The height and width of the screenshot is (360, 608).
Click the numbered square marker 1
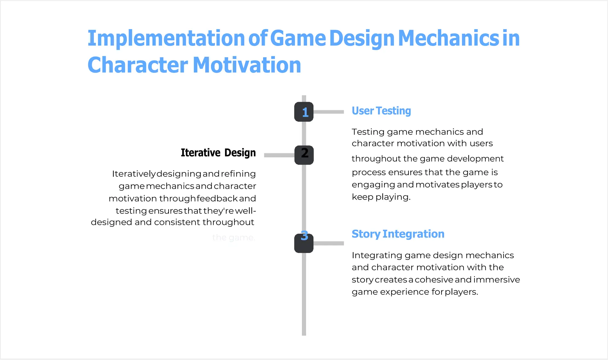[304, 112]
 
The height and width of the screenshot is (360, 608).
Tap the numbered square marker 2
[304, 155]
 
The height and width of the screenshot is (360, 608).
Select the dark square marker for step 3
[304, 243]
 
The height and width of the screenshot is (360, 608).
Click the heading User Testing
[381, 111]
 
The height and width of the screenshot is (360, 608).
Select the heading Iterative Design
[218, 153]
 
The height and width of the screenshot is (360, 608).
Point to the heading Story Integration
[398, 234]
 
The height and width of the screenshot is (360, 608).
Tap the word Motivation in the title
[247, 65]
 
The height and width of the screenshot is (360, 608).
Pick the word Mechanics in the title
[448, 38]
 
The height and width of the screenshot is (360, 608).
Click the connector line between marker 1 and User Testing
[329, 112]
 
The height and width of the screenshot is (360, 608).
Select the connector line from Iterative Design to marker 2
[279, 155]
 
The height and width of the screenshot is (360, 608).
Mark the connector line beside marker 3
[329, 243]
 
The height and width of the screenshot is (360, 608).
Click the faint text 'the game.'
[234, 238]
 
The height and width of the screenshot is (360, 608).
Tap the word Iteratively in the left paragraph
[134, 174]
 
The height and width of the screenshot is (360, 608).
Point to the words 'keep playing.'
[381, 197]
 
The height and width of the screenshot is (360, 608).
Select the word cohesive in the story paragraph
[434, 280]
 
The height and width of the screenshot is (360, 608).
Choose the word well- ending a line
[246, 211]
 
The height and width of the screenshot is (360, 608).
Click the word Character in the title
[138, 65]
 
